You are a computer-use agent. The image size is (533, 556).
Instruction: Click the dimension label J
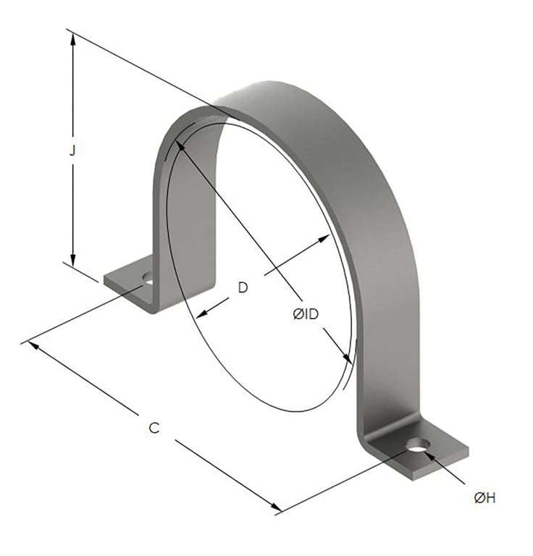[x=72, y=151]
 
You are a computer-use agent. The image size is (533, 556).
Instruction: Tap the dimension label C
[x=154, y=428]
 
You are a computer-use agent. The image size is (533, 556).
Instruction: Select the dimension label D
[x=243, y=287]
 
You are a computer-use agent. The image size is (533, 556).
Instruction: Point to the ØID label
[x=306, y=314]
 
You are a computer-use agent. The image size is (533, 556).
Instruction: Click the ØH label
[x=484, y=497]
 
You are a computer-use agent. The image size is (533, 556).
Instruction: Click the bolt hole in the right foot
[x=417, y=445]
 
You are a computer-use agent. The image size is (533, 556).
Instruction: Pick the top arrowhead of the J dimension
[x=72, y=36]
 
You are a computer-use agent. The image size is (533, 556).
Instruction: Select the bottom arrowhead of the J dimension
[x=72, y=261]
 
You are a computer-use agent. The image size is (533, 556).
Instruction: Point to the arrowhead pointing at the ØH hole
[x=429, y=455]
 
